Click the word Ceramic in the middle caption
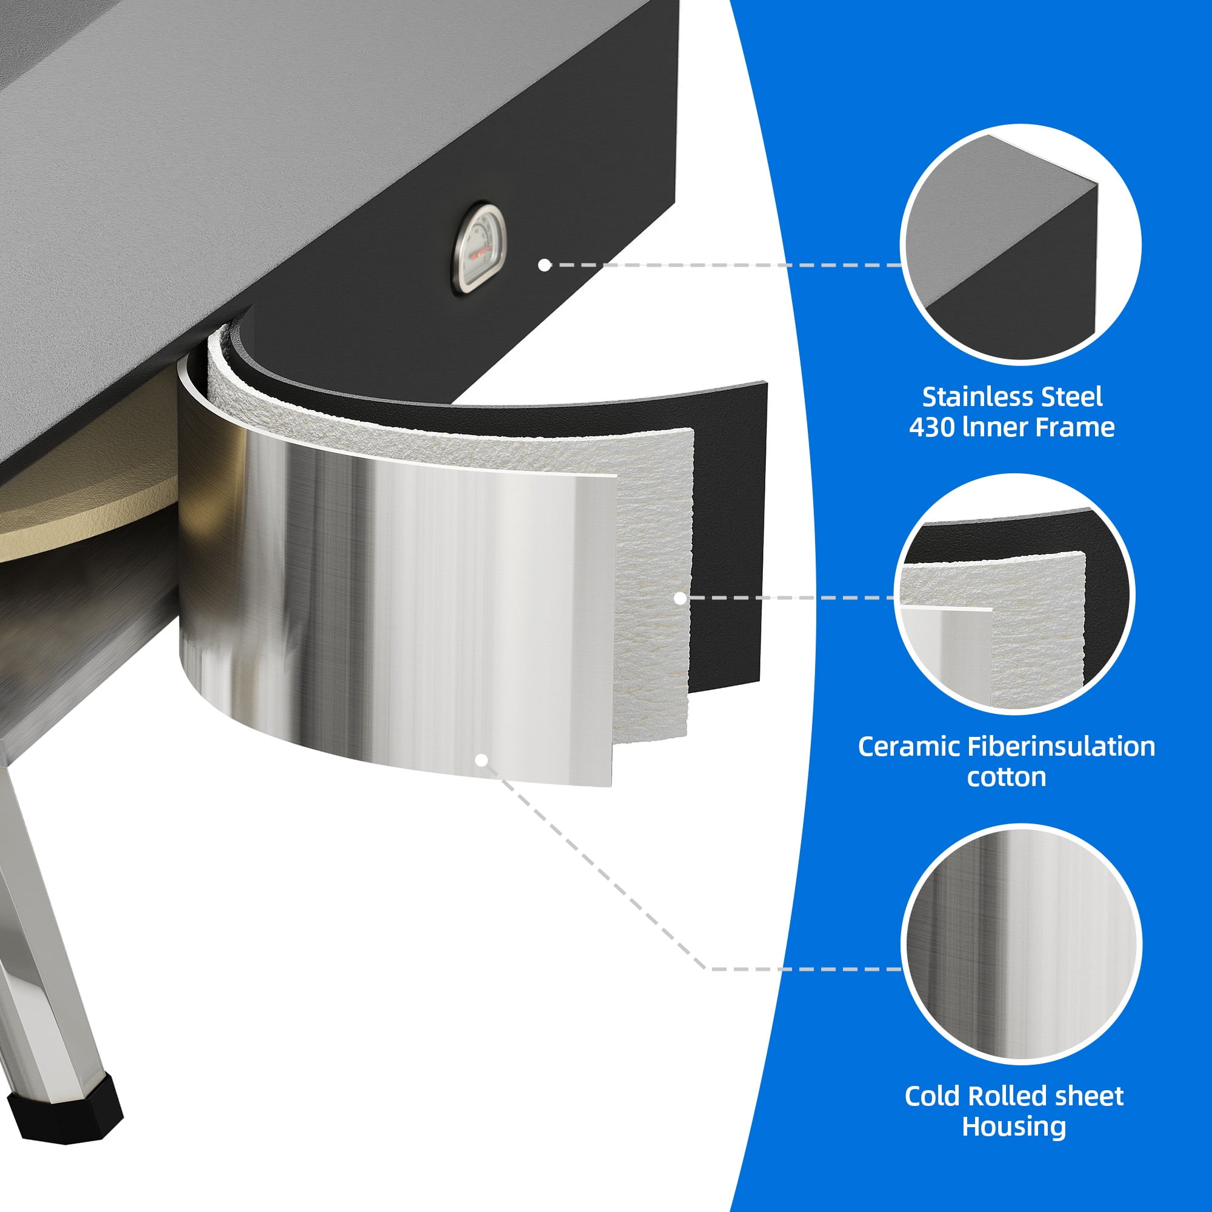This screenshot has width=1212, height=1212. (x=908, y=747)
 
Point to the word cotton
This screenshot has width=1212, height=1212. (x=1006, y=777)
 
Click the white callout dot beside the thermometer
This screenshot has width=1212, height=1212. (x=545, y=265)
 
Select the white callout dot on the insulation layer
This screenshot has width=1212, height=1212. (x=679, y=599)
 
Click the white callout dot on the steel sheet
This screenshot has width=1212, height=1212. (x=482, y=761)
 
